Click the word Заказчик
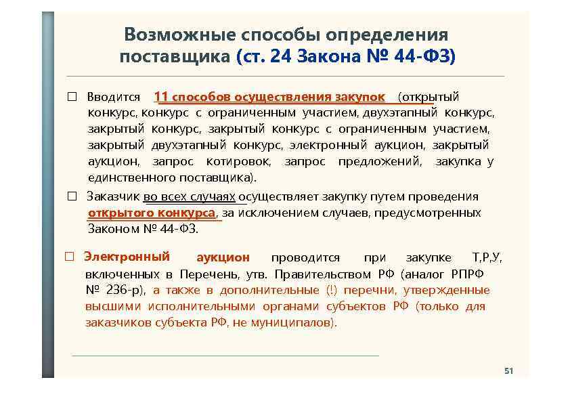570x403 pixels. (113, 196)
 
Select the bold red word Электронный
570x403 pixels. (127, 257)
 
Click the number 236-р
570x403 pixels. (125, 291)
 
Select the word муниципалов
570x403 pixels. (297, 322)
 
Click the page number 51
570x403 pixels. (509, 371)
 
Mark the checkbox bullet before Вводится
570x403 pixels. (71, 98)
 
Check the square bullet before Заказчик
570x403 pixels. (71, 197)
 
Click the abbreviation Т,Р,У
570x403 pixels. (487, 257)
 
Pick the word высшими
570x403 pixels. (109, 306)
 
